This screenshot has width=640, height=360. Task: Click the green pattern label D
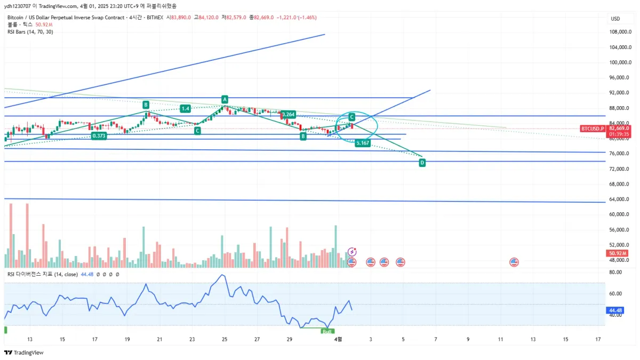[x=422, y=162]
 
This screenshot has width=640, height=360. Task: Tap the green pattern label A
[x=225, y=100]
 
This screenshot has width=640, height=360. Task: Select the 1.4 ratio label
[x=185, y=109]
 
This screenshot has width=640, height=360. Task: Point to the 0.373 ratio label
[x=99, y=136]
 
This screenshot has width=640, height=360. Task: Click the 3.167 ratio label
[x=363, y=143]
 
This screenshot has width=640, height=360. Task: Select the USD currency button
[x=615, y=19]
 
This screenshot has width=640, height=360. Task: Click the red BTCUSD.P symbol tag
[x=593, y=129]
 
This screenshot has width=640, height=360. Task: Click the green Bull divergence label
[x=327, y=331]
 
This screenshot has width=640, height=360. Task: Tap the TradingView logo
[x=23, y=353]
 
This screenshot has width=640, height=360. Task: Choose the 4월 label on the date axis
[x=338, y=339]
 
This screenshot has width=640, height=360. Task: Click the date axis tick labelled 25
[x=225, y=339]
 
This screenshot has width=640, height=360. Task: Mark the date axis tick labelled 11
[x=500, y=339]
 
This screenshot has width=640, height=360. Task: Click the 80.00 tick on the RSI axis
[x=616, y=273]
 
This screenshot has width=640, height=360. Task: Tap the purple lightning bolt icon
[x=352, y=251]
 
